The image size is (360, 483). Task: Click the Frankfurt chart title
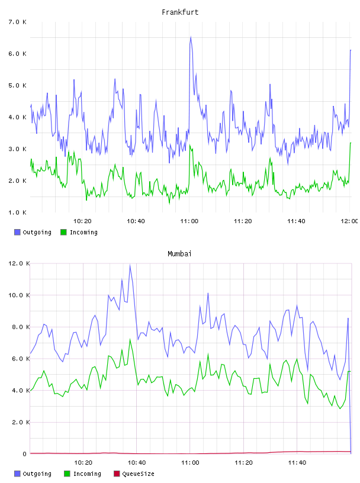coord(180,12)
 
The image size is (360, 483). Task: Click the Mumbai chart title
coord(179,253)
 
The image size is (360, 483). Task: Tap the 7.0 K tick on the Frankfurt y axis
coord(18,22)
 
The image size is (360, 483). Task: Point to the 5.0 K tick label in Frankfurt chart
coord(18,85)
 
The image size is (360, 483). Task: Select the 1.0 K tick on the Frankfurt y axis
coord(18,212)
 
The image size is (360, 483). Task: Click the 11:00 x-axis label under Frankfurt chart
coord(189,221)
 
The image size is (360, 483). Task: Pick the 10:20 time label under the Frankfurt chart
coord(82,221)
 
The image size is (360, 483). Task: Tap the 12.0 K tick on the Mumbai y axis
coord(19,263)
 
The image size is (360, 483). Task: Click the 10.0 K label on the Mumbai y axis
coord(19,295)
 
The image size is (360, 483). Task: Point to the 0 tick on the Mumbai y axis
coord(25,454)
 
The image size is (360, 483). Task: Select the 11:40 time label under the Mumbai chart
coord(297,462)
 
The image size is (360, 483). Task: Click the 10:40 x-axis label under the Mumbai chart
coord(137,462)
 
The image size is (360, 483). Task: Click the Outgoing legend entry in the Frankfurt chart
coord(33,232)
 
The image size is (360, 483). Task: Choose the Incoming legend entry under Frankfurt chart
coord(79,232)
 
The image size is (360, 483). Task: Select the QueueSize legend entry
coord(134,474)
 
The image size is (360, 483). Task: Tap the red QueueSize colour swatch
coord(117,474)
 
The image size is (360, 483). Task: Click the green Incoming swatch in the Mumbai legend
coord(67,474)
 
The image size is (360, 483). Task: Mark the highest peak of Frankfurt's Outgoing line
coord(191,37)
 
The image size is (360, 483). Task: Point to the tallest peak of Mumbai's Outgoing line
coord(130,265)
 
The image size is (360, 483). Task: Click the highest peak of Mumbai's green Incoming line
coord(130,339)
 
